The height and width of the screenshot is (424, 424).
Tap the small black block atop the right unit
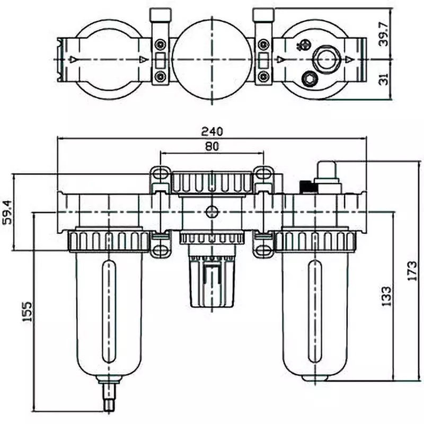point(306,187)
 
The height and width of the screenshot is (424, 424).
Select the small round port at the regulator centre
point(211,211)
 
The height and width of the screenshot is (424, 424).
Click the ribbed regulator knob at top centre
point(211,182)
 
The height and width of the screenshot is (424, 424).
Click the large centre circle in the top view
point(211,58)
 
